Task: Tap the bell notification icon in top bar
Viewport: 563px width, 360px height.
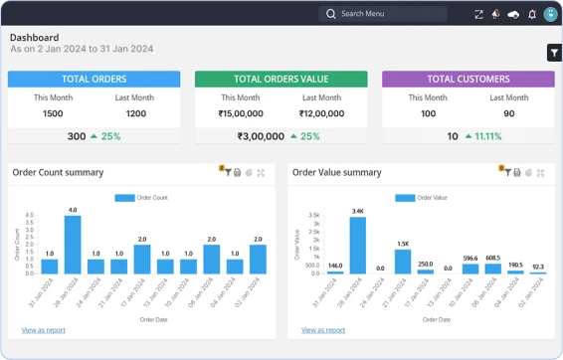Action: coord(532,14)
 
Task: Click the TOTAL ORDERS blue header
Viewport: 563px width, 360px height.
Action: coord(94,80)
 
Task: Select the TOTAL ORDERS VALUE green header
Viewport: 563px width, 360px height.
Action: coord(281,80)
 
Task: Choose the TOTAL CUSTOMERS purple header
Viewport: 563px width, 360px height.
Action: coord(468,80)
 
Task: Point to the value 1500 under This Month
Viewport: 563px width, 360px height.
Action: coord(54,113)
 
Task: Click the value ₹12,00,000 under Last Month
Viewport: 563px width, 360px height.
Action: coord(320,113)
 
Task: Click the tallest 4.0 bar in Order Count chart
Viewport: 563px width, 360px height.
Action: coord(73,245)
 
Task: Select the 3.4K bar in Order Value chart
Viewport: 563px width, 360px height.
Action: coord(358,245)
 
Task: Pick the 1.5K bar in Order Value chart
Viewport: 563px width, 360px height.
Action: coord(403,261)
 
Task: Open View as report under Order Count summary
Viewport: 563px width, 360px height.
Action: coord(43,329)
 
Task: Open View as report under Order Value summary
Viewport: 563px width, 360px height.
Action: coord(323,329)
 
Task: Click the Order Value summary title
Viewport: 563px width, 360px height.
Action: coord(336,172)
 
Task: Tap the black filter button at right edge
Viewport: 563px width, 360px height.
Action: coord(554,53)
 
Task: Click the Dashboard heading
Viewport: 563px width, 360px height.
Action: coord(34,37)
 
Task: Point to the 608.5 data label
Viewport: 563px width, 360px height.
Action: coord(493,258)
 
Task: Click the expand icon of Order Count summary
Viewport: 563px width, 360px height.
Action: coord(261,173)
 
